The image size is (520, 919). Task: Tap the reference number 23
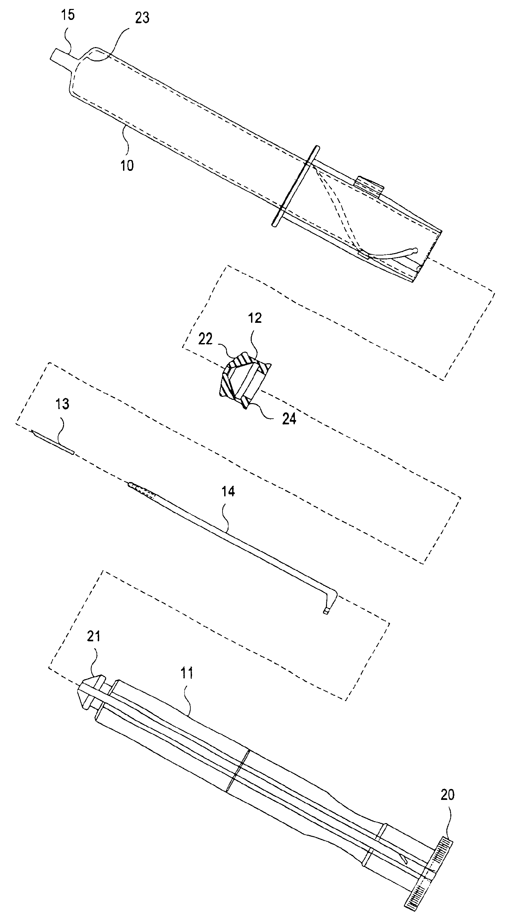142,18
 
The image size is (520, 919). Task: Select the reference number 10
127,165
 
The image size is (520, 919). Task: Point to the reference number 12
255,318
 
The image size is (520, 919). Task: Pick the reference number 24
289,419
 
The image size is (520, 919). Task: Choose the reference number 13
62,404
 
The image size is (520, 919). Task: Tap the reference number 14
228,491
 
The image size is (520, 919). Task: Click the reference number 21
94,636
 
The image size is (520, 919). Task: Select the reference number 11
187,673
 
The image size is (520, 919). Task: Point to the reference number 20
447,795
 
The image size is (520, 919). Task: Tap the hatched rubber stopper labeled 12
243,379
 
